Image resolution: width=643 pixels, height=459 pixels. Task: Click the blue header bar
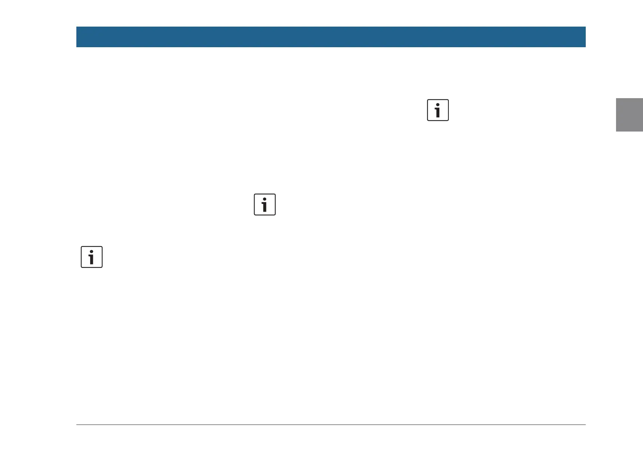(331, 37)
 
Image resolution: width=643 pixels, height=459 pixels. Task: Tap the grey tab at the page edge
(630, 115)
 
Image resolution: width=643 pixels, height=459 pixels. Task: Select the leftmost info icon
(92, 257)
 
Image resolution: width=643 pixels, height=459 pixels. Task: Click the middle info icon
(265, 205)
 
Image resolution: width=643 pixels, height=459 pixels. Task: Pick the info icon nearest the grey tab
(438, 110)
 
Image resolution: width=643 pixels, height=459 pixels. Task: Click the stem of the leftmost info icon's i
(92, 259)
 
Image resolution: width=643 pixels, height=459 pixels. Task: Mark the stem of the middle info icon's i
(265, 207)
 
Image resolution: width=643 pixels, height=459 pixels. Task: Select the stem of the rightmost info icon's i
(438, 112)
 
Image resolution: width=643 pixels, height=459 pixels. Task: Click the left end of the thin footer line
(77, 425)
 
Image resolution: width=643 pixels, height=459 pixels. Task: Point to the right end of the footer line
(585, 425)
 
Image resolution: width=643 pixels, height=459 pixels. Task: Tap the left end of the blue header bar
(77, 37)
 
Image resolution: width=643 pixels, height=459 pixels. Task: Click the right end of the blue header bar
(585, 37)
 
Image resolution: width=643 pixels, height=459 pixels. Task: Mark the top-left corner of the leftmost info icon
(82, 247)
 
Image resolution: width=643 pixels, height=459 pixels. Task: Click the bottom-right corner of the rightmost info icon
(448, 120)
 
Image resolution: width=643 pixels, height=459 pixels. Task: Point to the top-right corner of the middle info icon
(275, 194)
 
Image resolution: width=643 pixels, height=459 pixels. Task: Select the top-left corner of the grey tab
(617, 99)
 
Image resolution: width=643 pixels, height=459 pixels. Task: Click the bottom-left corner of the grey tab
(617, 131)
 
